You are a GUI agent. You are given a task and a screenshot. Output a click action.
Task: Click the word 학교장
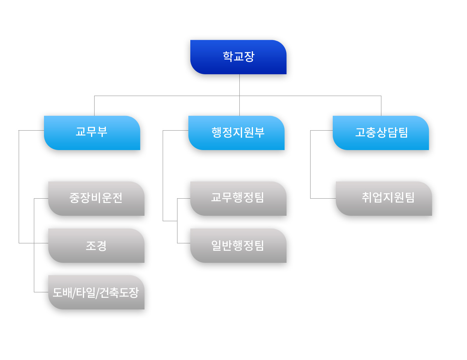click(x=239, y=57)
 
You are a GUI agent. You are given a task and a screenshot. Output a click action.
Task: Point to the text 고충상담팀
click(x=381, y=133)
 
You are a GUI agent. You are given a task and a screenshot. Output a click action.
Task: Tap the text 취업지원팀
click(x=388, y=197)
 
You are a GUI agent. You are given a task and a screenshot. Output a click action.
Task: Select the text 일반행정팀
click(x=237, y=245)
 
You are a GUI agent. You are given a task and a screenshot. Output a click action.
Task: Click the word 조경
click(x=96, y=246)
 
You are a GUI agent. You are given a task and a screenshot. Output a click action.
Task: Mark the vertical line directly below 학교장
click(x=239, y=85)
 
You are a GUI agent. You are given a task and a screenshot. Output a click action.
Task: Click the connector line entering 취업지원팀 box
click(x=323, y=198)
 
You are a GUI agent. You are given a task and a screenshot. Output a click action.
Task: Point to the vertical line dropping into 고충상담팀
click(x=381, y=106)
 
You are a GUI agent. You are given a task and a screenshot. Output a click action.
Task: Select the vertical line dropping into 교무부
click(x=94, y=106)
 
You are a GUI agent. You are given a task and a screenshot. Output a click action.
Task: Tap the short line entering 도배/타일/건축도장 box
click(x=41, y=292)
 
